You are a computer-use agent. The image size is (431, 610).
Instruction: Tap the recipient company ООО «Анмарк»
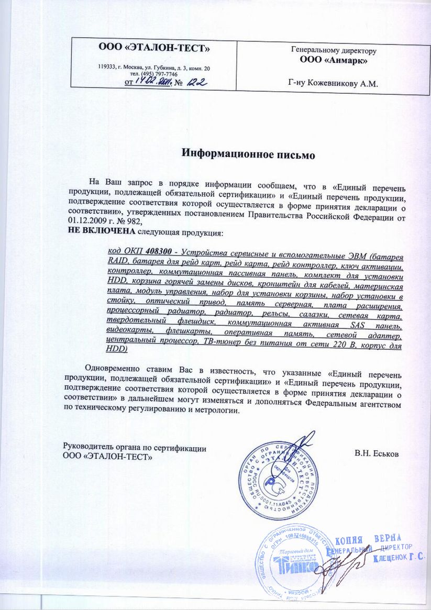333,61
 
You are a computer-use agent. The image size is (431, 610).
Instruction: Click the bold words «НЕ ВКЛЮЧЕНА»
100,232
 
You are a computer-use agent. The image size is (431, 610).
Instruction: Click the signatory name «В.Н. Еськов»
377,453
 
